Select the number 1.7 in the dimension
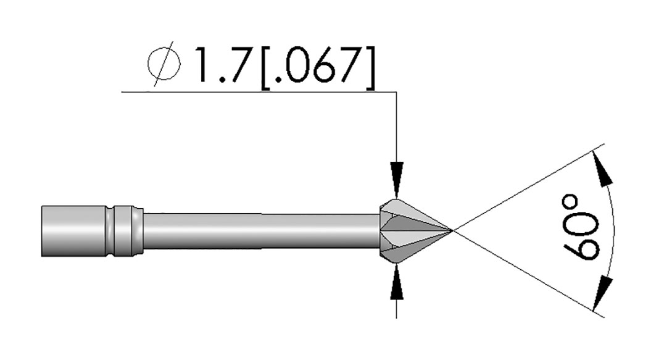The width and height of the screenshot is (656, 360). (222, 64)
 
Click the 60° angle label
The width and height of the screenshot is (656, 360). (581, 227)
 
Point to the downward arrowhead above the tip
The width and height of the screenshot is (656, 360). (397, 180)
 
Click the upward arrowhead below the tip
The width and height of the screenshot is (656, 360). (397, 283)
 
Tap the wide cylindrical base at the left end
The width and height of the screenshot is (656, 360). (73, 231)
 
